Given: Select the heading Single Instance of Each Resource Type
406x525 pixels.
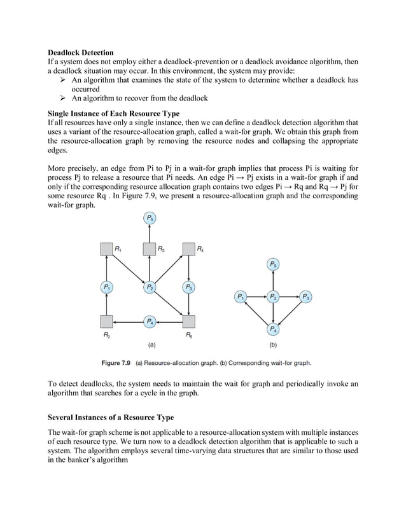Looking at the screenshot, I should [x=113, y=113].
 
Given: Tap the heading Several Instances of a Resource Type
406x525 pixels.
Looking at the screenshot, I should [x=111, y=418].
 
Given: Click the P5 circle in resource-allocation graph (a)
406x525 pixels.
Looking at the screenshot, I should [x=148, y=219].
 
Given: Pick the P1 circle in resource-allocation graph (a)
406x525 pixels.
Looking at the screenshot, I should [x=107, y=287].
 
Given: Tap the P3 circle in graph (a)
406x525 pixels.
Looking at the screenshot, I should [x=189, y=287].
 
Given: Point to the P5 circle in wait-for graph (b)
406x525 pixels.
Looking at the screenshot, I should [x=273, y=264].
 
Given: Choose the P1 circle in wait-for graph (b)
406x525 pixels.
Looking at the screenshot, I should [x=241, y=297].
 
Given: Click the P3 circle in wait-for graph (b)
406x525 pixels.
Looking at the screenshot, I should [x=305, y=297].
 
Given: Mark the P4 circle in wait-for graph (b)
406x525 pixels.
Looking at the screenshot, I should [x=273, y=329].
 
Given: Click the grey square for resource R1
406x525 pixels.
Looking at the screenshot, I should [x=107, y=249].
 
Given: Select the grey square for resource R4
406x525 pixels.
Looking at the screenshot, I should [x=189, y=249].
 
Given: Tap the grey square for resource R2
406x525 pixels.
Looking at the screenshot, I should [x=107, y=321].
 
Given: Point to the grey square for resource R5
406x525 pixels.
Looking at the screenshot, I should [x=189, y=321].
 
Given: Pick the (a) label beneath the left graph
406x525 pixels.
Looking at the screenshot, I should [x=152, y=346].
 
